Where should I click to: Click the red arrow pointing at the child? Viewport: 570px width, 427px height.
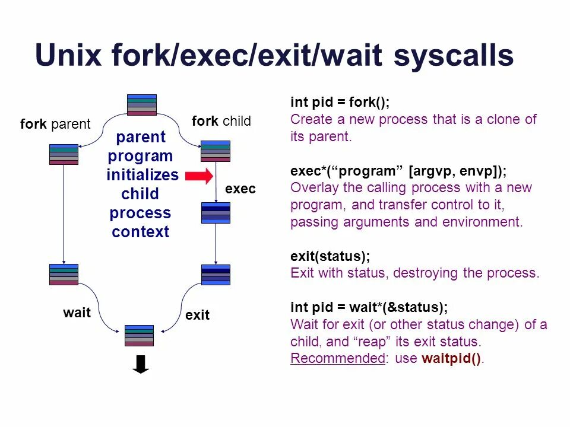point(199,176)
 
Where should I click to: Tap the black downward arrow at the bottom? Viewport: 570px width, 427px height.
point(141,364)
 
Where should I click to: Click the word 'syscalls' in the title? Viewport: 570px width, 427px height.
point(454,56)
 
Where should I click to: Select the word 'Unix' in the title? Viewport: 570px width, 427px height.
point(68,55)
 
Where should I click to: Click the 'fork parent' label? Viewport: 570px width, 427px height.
point(55,124)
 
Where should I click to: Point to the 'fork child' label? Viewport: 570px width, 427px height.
point(221,121)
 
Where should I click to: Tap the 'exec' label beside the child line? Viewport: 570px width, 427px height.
point(240,189)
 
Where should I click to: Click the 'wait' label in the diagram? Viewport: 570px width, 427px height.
point(77,313)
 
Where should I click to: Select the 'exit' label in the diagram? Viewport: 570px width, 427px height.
point(197,315)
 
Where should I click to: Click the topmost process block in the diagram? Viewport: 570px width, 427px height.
point(142,105)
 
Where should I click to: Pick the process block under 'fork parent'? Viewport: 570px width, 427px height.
point(64,154)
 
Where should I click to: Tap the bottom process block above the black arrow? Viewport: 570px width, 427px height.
point(139,336)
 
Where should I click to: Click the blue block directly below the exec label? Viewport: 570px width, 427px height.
point(216,213)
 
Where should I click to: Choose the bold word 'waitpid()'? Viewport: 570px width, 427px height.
point(451,358)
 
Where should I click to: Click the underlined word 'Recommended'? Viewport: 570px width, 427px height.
point(338,358)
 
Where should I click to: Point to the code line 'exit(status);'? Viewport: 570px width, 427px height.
point(330,256)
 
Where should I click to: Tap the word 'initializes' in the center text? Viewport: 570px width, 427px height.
point(142,175)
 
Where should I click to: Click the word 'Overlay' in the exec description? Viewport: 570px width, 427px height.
point(312,188)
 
